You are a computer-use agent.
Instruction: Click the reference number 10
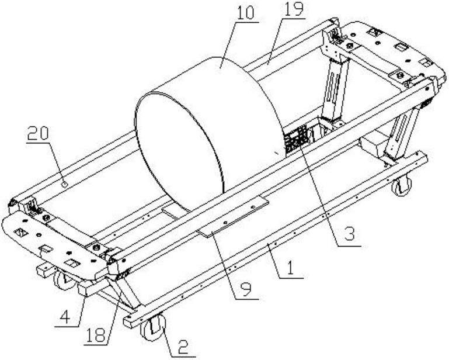coord(246,13)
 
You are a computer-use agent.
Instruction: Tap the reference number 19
coord(293,9)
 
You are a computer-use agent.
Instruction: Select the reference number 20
coord(39,134)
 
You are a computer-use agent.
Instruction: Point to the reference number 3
coord(349,234)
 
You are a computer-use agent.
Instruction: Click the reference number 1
coord(290,268)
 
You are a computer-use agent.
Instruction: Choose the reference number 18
coord(96,335)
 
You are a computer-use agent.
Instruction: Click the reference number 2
coord(183,347)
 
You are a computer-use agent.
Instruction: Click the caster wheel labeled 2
coord(153,327)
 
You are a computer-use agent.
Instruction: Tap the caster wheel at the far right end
coord(402,186)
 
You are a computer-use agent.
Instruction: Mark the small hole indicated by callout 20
coord(65,184)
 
